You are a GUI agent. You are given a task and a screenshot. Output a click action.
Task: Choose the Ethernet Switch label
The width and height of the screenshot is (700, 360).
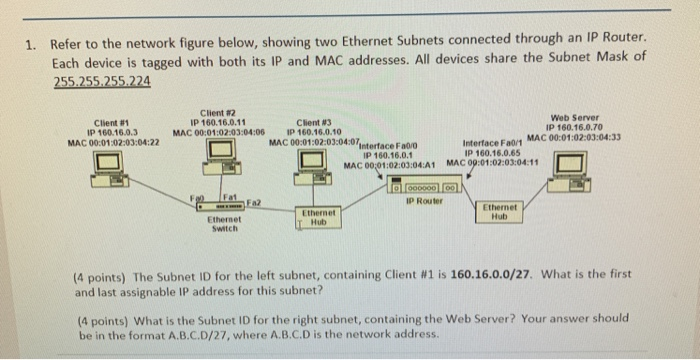pyautogui.click(x=220, y=221)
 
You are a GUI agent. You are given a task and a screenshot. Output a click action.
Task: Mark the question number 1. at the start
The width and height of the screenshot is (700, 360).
pyautogui.click(x=33, y=44)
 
